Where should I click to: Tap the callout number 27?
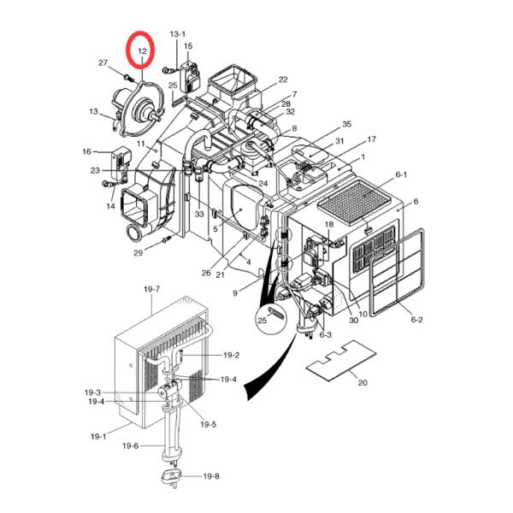click(103, 62)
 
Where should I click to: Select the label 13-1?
click(178, 33)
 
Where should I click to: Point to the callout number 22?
click(283, 80)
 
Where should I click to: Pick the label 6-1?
click(401, 174)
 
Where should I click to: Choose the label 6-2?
click(416, 321)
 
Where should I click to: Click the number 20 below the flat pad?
click(362, 382)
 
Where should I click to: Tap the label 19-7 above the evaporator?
click(151, 290)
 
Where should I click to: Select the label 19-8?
click(211, 476)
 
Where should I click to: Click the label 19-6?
click(130, 445)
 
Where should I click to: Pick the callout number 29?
click(138, 254)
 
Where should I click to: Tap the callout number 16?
click(87, 151)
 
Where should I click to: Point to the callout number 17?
click(372, 139)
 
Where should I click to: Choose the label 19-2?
click(231, 355)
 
